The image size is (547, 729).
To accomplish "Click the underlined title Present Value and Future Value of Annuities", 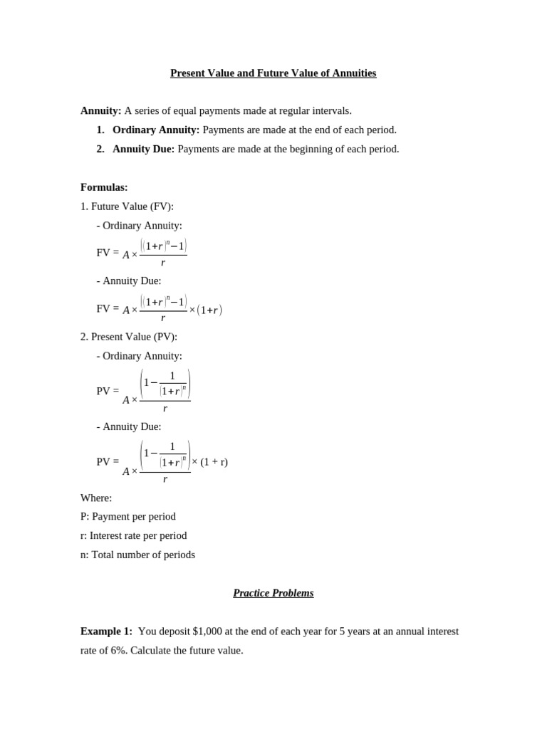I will [273, 73].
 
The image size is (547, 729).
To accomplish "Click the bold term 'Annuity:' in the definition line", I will [101, 111].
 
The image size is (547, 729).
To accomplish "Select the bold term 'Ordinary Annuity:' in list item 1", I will [156, 130].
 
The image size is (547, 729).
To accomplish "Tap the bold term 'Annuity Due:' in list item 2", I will [143, 150].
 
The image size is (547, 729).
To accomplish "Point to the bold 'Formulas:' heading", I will [104, 187].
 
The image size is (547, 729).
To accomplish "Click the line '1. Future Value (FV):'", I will [127, 206].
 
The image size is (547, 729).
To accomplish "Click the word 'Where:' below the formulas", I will [96, 498].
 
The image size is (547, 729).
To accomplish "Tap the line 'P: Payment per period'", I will [128, 517].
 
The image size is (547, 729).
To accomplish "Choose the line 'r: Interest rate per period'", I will [134, 535].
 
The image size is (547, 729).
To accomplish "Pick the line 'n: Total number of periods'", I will [137, 555].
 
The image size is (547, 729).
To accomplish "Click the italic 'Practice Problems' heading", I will [273, 593].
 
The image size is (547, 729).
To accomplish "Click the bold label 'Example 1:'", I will [106, 631].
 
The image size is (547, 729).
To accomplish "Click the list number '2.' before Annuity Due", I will [100, 150].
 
